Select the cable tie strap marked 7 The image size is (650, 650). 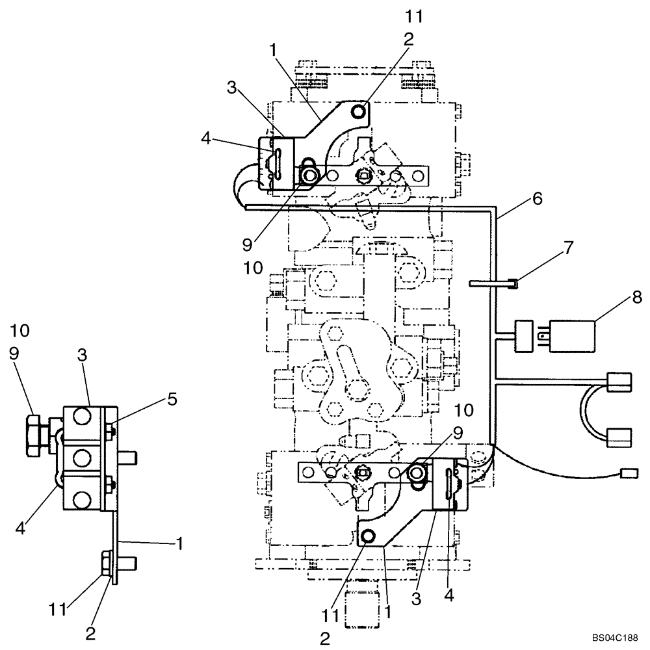pyautogui.click(x=491, y=282)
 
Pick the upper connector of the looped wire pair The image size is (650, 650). pyautogui.click(x=618, y=381)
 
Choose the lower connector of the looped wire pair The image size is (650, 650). pyautogui.click(x=618, y=435)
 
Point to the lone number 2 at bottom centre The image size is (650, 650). pyautogui.click(x=324, y=638)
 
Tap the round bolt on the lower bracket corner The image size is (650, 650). pyautogui.click(x=367, y=536)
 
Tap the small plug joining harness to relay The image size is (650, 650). pyautogui.click(x=524, y=335)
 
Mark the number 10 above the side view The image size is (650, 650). pyautogui.click(x=20, y=330)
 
